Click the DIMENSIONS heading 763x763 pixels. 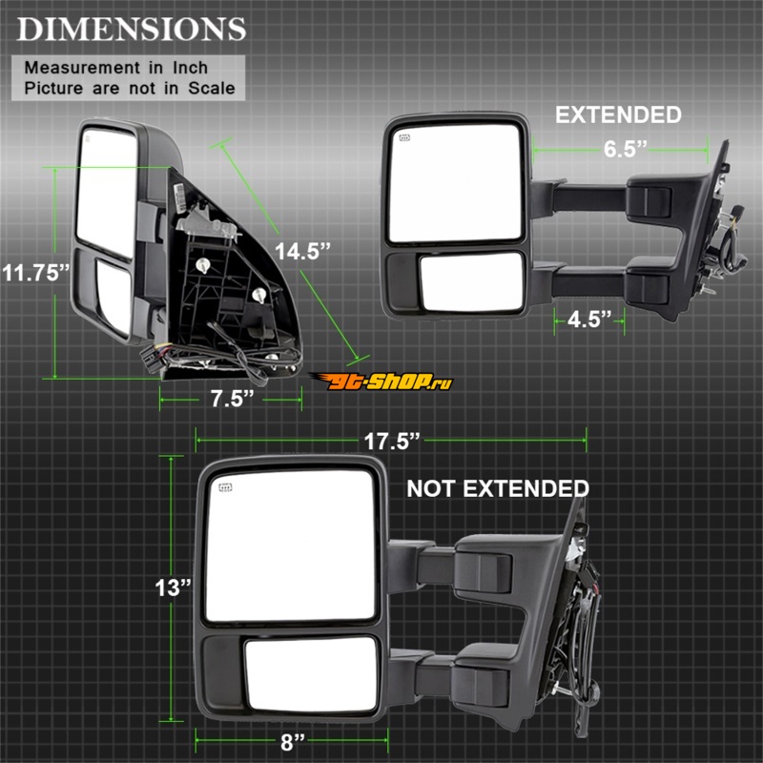pos(132,30)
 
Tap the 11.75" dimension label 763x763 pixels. pos(36,273)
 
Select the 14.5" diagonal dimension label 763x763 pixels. pos(302,252)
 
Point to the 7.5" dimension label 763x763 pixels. pos(232,399)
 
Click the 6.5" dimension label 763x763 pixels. pos(626,149)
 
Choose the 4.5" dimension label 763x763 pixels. pos(589,320)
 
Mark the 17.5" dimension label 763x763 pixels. pos(392,442)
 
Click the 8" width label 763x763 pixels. pos(293,742)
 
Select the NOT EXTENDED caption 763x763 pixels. pos(498,488)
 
